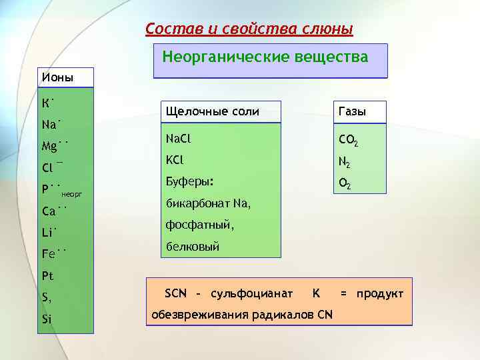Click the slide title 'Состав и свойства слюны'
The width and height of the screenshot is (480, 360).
click(249, 29)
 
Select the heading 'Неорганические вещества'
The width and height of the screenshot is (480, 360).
click(265, 57)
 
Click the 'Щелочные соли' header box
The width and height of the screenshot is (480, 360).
click(213, 112)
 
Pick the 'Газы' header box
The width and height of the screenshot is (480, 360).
click(353, 112)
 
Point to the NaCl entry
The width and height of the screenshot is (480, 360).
click(178, 139)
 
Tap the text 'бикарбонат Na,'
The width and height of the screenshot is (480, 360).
click(207, 203)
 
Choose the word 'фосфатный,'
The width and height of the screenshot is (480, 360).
click(199, 225)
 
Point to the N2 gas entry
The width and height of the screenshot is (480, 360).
click(345, 162)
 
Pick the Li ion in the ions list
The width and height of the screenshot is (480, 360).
click(49, 232)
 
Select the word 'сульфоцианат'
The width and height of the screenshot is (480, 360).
click(251, 294)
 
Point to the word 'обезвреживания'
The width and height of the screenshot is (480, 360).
click(193, 314)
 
